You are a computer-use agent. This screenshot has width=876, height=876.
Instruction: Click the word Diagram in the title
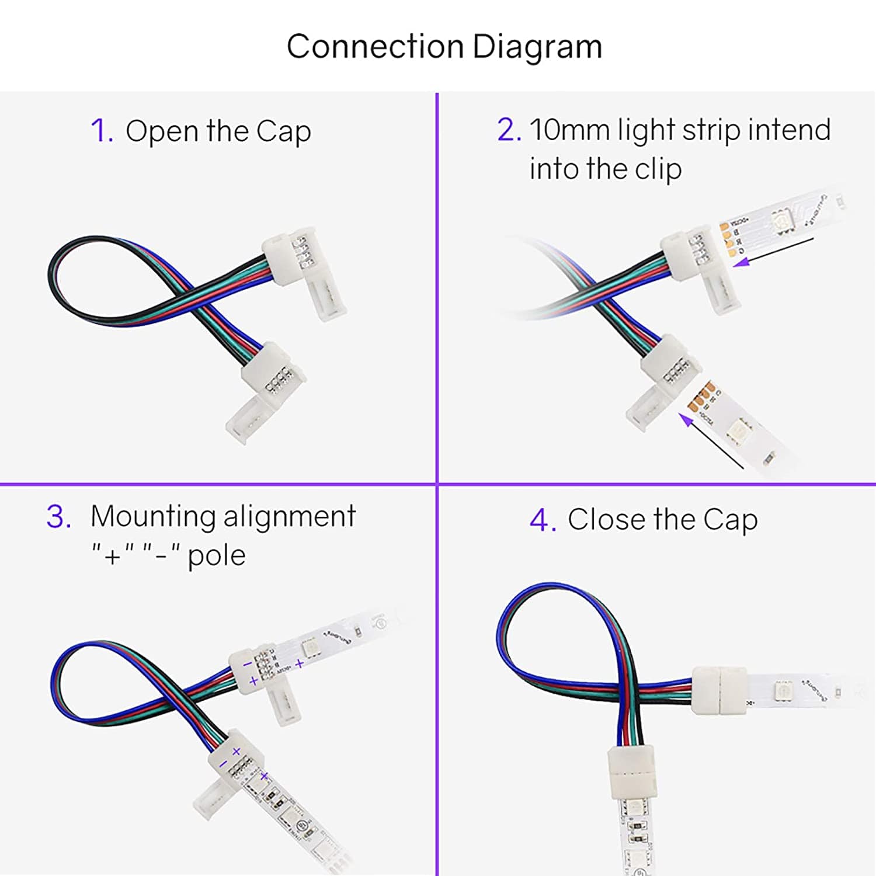[537, 47]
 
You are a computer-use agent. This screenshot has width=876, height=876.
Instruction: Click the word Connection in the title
[375, 47]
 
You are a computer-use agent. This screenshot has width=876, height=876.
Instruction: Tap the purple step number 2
[508, 130]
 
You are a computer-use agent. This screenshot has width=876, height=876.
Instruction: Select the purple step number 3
[58, 517]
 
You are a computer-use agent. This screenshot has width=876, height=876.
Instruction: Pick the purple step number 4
[542, 520]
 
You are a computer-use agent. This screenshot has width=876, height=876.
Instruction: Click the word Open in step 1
[162, 131]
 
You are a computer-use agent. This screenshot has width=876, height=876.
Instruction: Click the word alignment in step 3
[289, 516]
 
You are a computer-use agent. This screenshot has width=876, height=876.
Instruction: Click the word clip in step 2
[658, 169]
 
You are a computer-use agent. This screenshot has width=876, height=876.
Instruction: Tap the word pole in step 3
[216, 555]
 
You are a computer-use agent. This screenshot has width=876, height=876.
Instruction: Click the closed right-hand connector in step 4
[719, 691]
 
